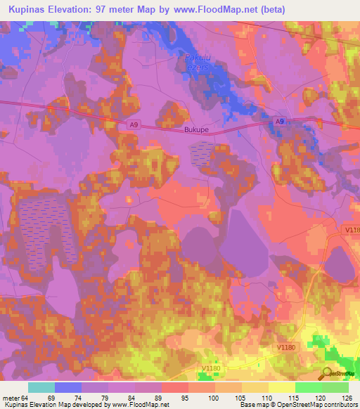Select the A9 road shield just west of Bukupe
[x=134, y=125]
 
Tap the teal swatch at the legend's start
[x=41, y=387]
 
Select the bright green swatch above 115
[x=309, y=387]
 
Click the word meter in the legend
[x=11, y=397]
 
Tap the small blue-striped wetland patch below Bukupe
[x=203, y=154]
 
